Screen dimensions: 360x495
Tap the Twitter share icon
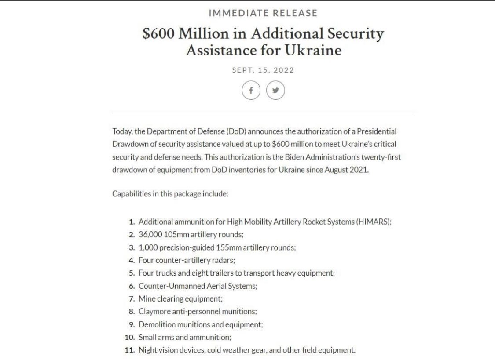pyautogui.click(x=275, y=91)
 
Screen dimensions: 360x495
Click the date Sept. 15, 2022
pyautogui.click(x=263, y=70)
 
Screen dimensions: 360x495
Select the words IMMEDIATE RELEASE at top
pyautogui.click(x=263, y=13)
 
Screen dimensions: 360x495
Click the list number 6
pyautogui.click(x=131, y=286)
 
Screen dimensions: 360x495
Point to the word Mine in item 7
pyautogui.click(x=146, y=298)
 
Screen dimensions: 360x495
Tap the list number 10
pyautogui.click(x=130, y=337)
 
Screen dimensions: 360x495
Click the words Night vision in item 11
pyautogui.click(x=157, y=350)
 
